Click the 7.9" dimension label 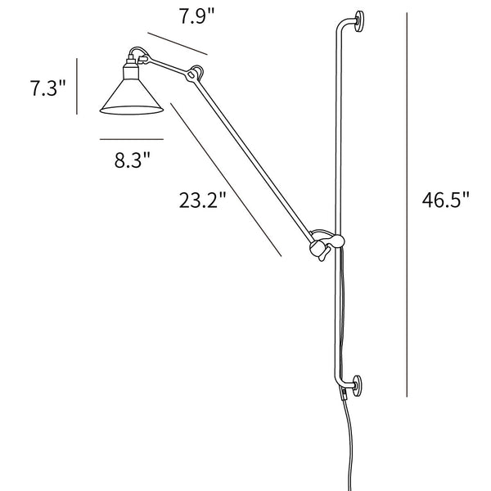197,16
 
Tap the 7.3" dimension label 48,88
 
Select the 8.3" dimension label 132,160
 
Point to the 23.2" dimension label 202,200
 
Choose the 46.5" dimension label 446,200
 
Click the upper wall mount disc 359,21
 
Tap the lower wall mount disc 358,385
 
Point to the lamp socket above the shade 131,68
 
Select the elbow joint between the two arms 195,74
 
